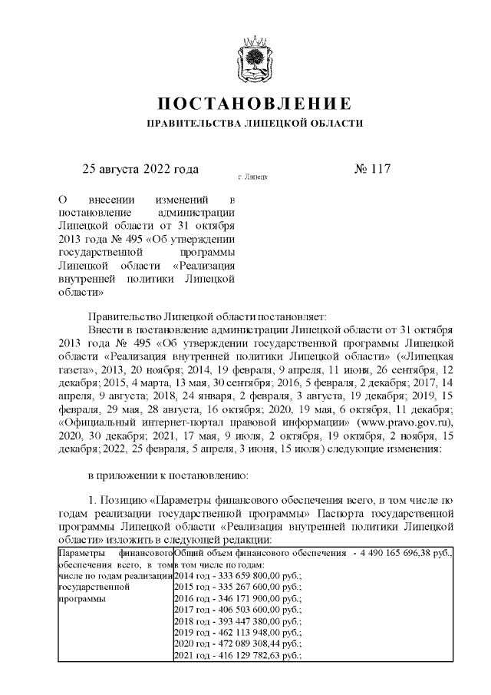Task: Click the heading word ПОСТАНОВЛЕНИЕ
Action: pyautogui.click(x=255, y=104)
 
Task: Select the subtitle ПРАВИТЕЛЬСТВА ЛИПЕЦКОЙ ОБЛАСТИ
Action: pyautogui.click(x=255, y=123)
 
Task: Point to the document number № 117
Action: pyautogui.click(x=373, y=169)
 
